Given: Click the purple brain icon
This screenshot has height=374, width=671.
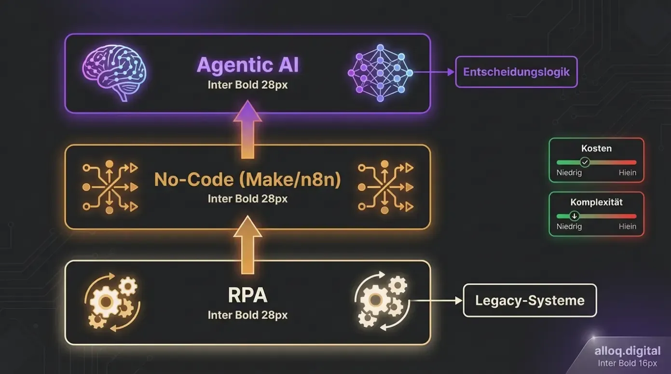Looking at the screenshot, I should (x=114, y=73).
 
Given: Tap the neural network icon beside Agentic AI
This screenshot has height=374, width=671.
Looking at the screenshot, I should (x=380, y=73).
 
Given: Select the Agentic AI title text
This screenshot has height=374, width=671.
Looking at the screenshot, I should (x=247, y=65).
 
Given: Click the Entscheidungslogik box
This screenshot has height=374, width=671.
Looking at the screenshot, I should (x=516, y=72).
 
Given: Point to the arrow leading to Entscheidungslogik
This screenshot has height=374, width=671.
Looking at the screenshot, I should (x=434, y=72).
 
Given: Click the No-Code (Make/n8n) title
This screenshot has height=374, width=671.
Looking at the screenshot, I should (x=247, y=180).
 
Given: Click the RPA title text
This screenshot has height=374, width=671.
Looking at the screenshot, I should (x=247, y=295).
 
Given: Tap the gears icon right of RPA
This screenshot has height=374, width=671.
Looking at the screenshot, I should (x=381, y=301).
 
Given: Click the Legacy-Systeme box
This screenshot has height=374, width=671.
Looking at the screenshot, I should (x=530, y=301).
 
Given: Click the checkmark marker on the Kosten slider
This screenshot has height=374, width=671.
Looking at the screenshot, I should (x=585, y=162).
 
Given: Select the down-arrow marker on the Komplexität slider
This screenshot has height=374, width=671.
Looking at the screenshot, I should (x=574, y=216).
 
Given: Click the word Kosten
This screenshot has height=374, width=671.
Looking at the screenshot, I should (x=596, y=148).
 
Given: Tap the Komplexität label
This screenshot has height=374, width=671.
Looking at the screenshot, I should (x=596, y=202).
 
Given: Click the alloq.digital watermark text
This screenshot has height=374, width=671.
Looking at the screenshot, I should (x=628, y=351).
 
